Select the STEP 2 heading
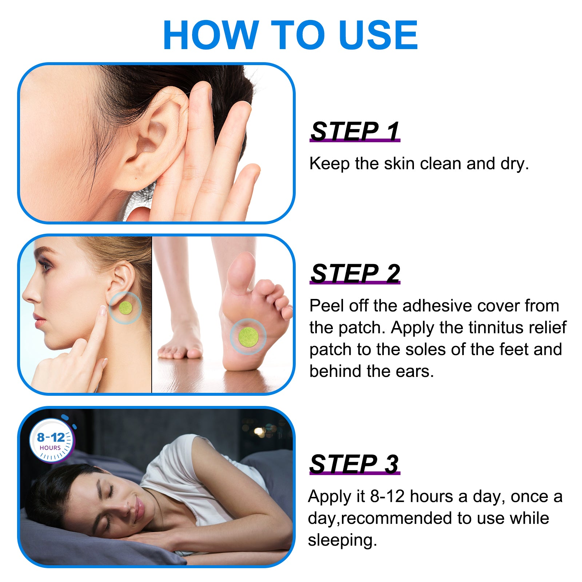point(355,273)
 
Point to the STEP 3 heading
point(354,464)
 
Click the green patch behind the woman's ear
point(125,308)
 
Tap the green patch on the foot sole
point(248,336)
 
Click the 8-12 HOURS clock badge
point(51,441)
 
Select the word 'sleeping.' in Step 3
point(342,540)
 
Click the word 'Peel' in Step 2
point(326,306)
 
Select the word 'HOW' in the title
point(211,35)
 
